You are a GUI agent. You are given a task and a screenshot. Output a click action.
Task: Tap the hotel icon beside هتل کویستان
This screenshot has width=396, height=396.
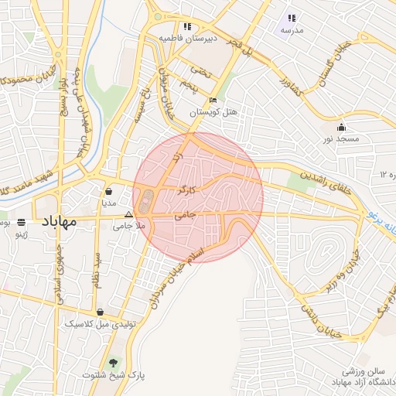pyautogui.click(x=213, y=100)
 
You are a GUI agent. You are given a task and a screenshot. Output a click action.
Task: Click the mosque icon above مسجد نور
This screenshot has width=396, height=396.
pyautogui.click(x=342, y=127)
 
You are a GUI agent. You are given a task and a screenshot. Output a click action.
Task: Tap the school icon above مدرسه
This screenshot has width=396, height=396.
pyautogui.click(x=292, y=18)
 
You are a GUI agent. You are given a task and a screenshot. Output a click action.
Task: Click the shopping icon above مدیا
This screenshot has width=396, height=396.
pyautogui.click(x=108, y=191)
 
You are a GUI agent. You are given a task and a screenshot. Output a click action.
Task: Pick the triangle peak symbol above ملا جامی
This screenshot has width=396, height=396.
pyautogui.click(x=128, y=214)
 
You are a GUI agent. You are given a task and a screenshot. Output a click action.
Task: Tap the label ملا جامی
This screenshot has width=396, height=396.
pyautogui.click(x=128, y=226)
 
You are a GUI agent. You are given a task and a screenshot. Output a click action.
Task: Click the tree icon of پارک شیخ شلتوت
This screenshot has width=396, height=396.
pyautogui.click(x=114, y=362)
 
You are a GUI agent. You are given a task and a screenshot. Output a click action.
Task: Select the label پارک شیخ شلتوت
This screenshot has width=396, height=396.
pyautogui.click(x=117, y=375)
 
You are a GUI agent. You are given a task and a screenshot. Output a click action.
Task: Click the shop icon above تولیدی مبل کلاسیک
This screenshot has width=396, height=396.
pyautogui.click(x=100, y=312)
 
